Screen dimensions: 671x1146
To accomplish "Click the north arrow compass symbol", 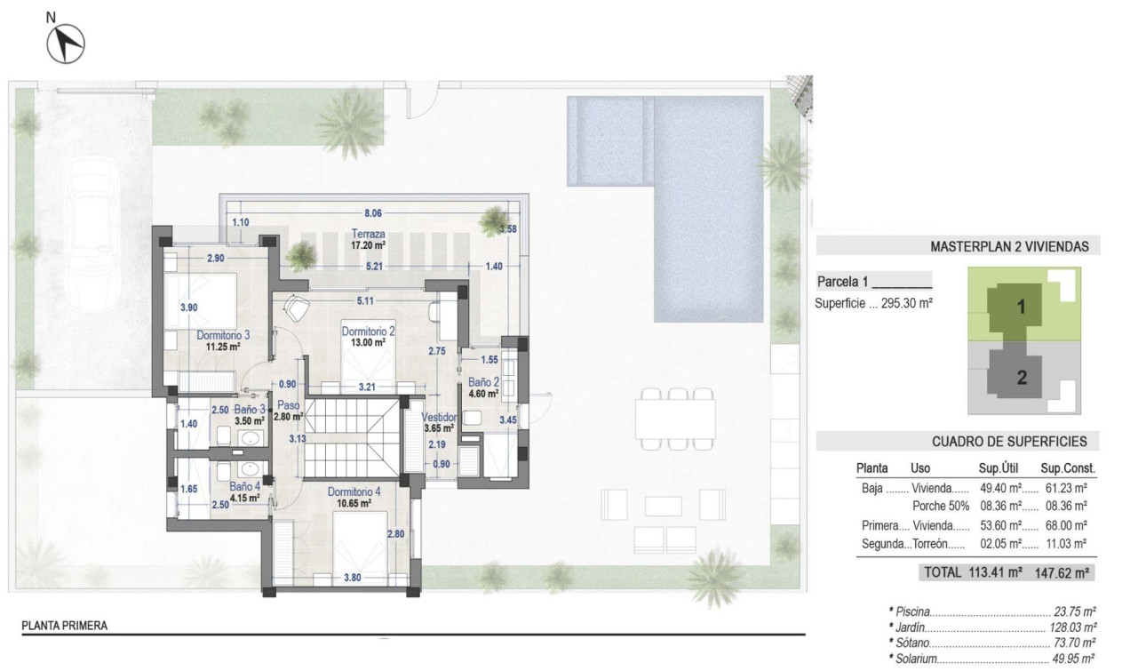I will (66, 43).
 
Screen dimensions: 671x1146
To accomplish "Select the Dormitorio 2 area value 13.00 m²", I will (368, 342).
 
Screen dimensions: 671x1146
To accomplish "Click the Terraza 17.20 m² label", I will (368, 244).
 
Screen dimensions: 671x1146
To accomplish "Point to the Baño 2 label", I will (483, 382).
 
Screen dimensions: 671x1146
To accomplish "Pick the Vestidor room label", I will (438, 416).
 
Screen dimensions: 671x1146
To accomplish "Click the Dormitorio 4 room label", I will (354, 491).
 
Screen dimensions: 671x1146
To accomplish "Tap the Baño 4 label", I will (244, 487).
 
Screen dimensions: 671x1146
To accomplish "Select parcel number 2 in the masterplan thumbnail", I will (1022, 378).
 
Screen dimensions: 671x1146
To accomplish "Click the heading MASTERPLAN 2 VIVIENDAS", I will (1008, 247).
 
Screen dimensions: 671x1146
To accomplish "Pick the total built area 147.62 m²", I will (1065, 573).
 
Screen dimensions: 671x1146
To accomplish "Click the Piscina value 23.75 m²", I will (1076, 611).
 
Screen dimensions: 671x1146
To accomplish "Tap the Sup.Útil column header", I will (999, 467).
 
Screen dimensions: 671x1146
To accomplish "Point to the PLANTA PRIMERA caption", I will (64, 626).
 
